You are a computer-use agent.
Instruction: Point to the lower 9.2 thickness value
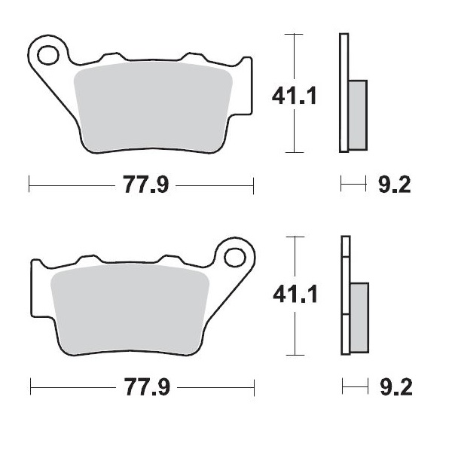(394, 388)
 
